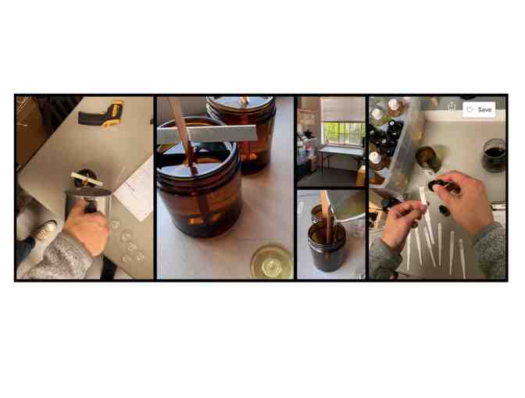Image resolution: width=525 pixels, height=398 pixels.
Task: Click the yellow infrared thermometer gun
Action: click(x=102, y=115)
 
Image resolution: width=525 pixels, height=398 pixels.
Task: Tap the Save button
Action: click(x=479, y=110)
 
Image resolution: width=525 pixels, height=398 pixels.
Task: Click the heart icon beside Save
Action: click(x=470, y=110)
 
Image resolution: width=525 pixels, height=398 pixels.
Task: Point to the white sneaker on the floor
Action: click(x=46, y=230)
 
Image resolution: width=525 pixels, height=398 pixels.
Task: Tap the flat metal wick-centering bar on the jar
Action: click(x=207, y=133)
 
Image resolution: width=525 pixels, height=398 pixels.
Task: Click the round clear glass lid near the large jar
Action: click(x=272, y=262)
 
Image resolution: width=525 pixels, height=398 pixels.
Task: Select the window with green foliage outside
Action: click(x=343, y=133)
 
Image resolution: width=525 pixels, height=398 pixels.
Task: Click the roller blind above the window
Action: click(x=342, y=109)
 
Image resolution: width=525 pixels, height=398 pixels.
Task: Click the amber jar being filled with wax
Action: click(x=327, y=247)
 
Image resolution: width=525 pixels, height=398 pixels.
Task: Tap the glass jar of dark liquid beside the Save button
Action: click(x=494, y=155)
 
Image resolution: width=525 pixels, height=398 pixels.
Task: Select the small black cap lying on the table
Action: click(x=445, y=211)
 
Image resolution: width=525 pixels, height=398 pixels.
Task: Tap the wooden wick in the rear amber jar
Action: click(x=245, y=100)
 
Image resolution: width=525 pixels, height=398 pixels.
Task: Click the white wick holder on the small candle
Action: click(x=87, y=179)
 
